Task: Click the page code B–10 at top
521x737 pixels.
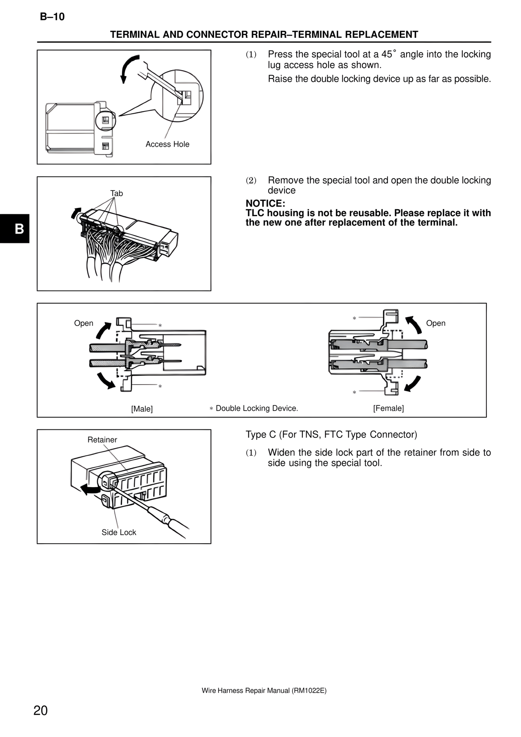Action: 52,17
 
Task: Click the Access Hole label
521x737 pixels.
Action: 167,144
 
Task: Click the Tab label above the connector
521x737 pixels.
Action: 116,193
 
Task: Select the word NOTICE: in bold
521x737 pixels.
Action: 265,203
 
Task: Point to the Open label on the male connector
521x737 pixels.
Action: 83,323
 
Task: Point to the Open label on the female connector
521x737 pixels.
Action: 436,323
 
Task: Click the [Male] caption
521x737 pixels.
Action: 142,409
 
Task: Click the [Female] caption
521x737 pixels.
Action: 388,408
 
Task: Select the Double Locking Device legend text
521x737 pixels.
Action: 256,408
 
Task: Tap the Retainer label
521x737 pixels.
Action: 102,440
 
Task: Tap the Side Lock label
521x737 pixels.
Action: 119,532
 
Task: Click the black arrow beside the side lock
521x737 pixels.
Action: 89,490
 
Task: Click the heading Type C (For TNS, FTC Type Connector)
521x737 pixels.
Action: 331,435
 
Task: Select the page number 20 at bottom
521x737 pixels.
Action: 41,710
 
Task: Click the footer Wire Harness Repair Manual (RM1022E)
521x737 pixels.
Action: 264,691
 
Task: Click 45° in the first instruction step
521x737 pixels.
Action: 389,54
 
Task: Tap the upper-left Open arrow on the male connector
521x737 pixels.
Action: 103,330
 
